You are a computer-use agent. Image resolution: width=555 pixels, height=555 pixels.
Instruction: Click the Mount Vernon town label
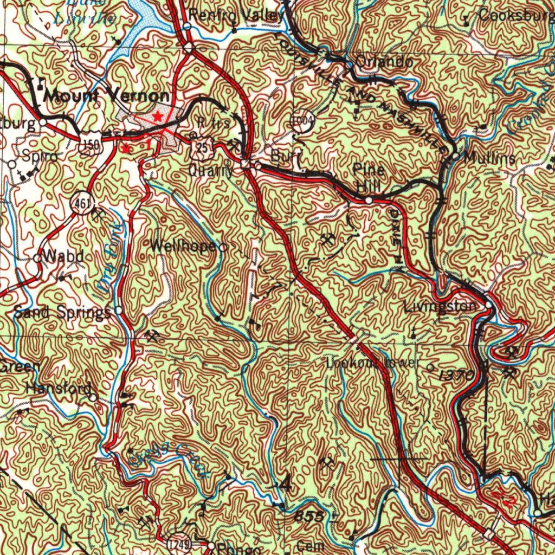click(106, 96)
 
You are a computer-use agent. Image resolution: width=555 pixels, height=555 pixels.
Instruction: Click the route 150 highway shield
click(88, 145)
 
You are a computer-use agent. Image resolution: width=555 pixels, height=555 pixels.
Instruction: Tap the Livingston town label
click(440, 307)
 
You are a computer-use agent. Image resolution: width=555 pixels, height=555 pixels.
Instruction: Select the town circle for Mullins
click(455, 157)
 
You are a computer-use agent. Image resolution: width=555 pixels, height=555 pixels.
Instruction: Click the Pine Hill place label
click(369, 178)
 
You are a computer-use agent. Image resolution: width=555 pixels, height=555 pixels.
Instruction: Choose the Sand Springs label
click(61, 312)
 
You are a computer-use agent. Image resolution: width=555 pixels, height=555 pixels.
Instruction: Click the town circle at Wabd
click(38, 259)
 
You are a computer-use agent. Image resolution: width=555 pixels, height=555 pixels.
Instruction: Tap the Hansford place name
click(58, 389)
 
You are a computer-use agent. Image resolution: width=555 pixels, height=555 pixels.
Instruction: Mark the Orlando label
click(384, 62)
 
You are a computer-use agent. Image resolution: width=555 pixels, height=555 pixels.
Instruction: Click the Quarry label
click(211, 171)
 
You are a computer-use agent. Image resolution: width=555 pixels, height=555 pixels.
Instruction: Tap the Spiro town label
click(39, 156)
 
